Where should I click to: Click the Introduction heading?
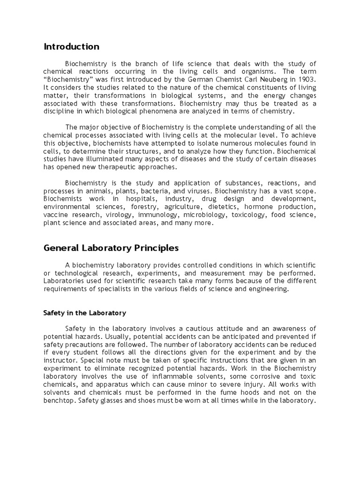tap(71, 47)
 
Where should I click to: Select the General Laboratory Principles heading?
tap(111, 247)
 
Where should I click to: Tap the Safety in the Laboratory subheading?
tap(85, 313)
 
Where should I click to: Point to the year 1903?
tap(306, 79)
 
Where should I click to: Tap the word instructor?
tap(60, 360)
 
